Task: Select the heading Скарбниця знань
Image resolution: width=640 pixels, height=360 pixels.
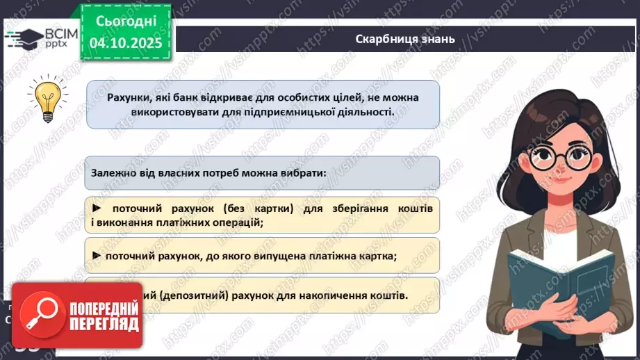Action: coord(404,39)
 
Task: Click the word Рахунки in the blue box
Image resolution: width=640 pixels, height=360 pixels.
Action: coord(129,97)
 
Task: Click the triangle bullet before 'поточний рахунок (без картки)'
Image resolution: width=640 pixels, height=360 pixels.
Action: coord(97,208)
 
